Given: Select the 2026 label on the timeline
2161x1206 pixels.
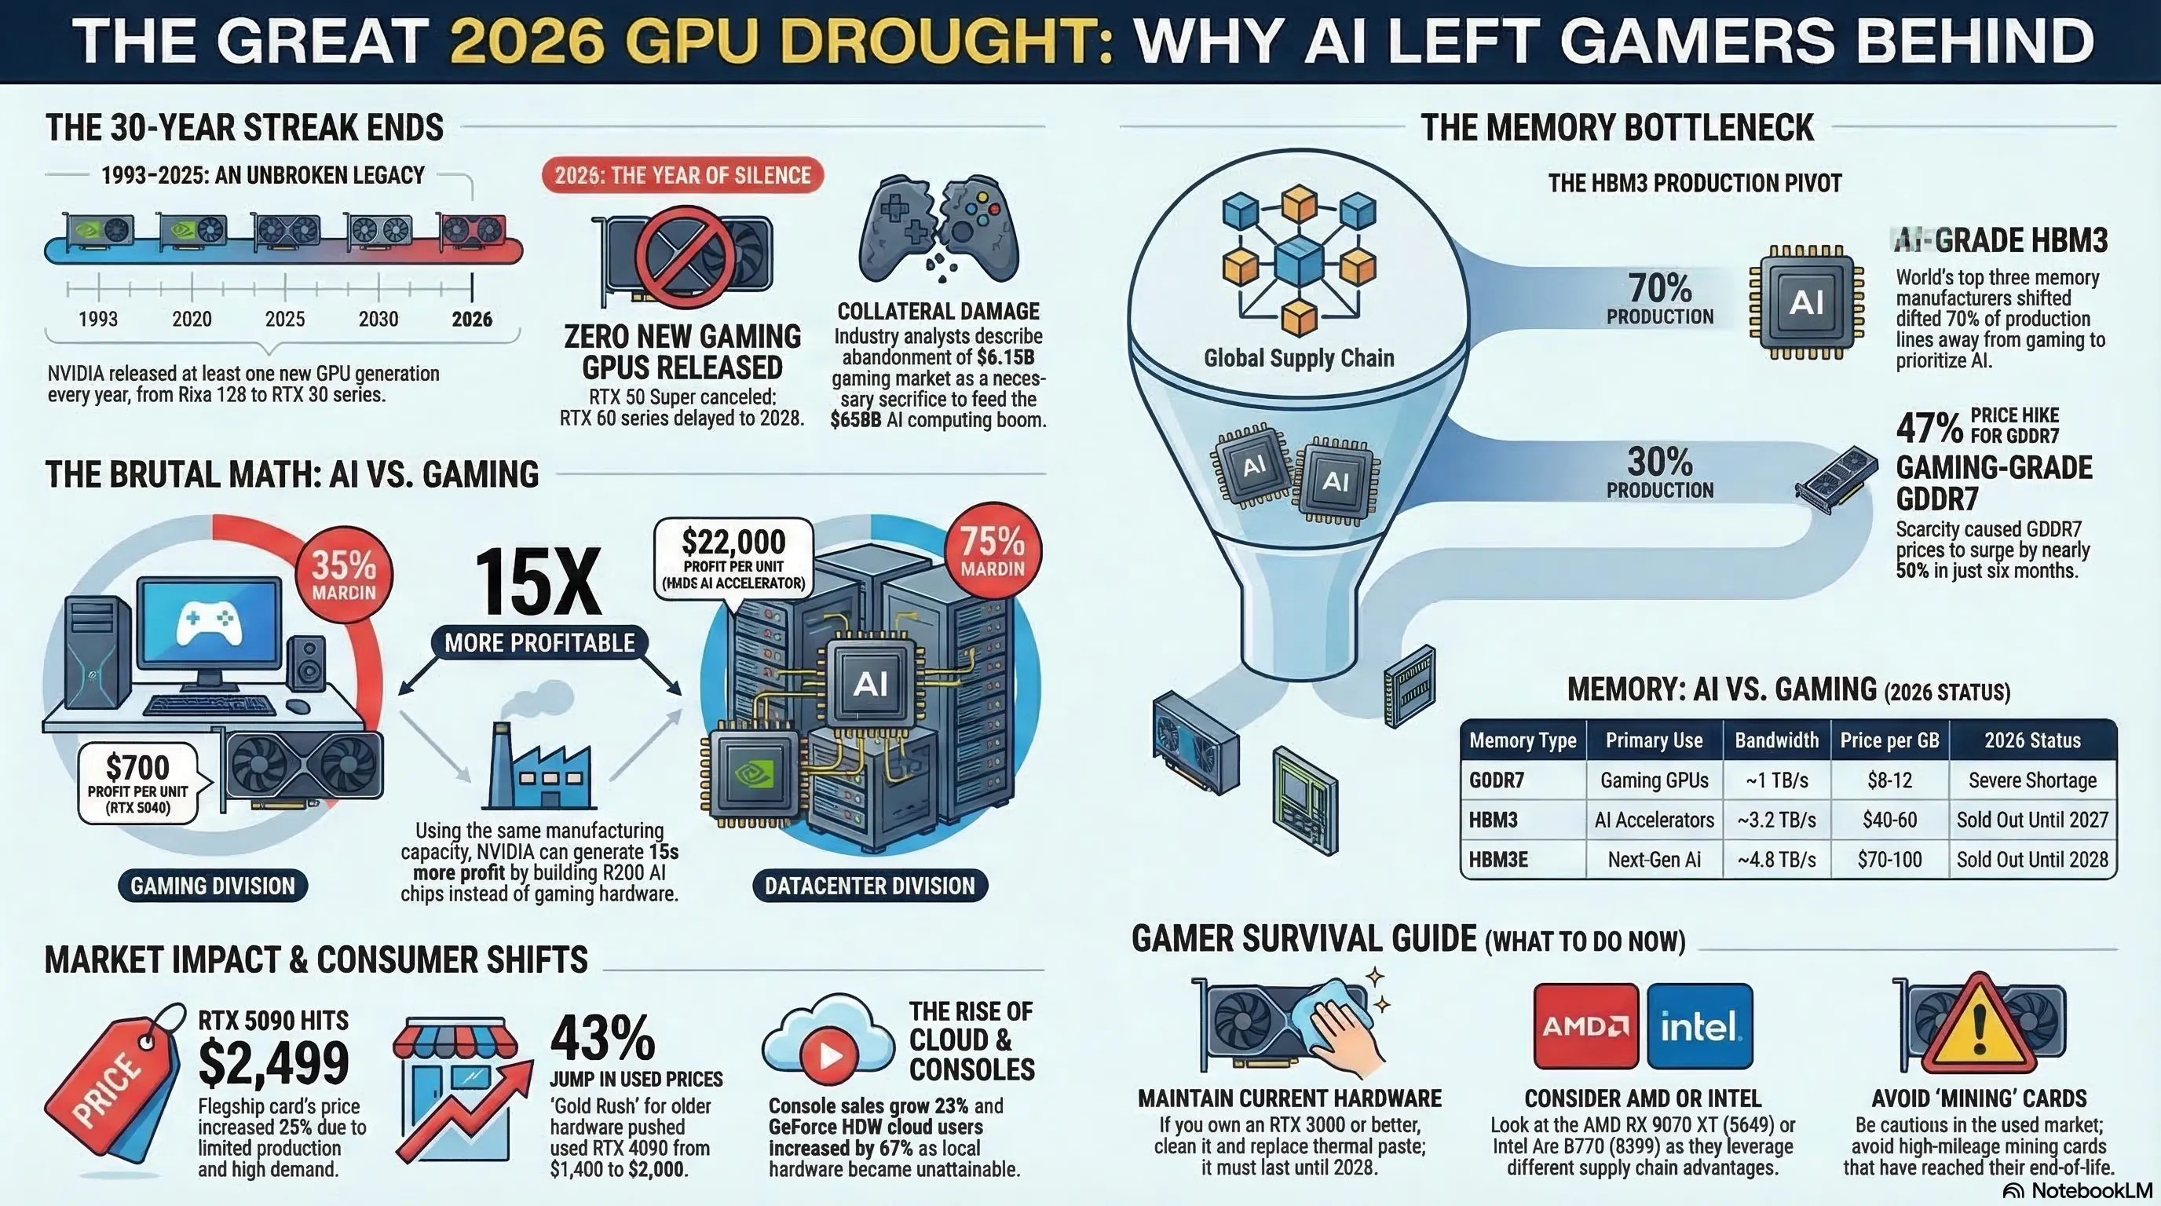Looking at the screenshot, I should click(x=471, y=319).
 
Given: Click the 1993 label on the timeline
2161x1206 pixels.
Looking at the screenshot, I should click(x=98, y=319).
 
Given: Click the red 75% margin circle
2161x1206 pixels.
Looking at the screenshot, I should click(x=993, y=551).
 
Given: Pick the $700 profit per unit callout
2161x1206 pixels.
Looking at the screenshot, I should click(x=138, y=784).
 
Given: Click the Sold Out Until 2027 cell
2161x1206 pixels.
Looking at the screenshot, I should click(x=2031, y=820).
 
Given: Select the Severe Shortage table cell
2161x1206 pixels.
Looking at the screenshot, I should click(x=2031, y=780).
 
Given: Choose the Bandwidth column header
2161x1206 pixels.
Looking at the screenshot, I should click(x=1776, y=740).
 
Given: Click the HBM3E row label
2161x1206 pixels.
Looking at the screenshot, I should click(x=1498, y=860).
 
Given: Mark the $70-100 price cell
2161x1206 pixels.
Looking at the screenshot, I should click(x=1889, y=860).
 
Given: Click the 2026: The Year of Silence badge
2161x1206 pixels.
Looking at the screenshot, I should click(x=682, y=175).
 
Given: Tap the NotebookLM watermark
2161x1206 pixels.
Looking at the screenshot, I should click(x=2078, y=1191).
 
